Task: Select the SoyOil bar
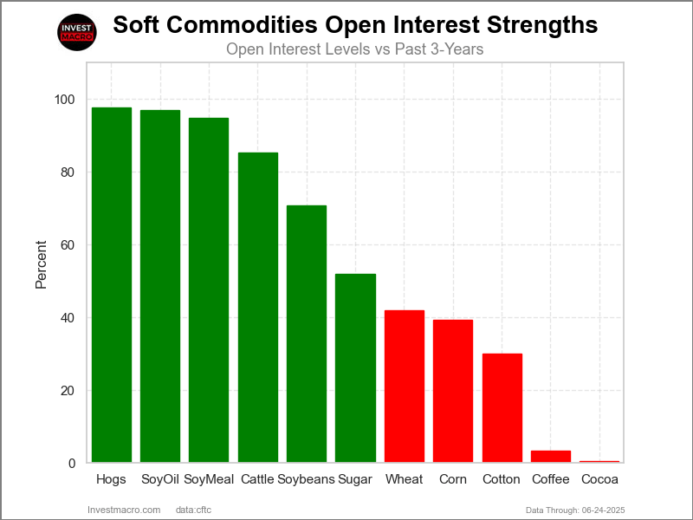tap(160, 286)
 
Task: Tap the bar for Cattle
tap(258, 307)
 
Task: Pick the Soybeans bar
tap(307, 334)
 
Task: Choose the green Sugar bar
tap(355, 367)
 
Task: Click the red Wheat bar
tap(405, 386)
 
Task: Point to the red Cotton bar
tap(502, 407)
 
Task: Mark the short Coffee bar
tap(551, 456)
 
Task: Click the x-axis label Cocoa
tap(599, 479)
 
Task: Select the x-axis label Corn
tap(453, 479)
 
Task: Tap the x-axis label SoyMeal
tap(209, 479)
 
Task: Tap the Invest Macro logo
tap(76, 33)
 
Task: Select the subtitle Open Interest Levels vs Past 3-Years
tap(354, 49)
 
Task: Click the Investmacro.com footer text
tap(124, 509)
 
